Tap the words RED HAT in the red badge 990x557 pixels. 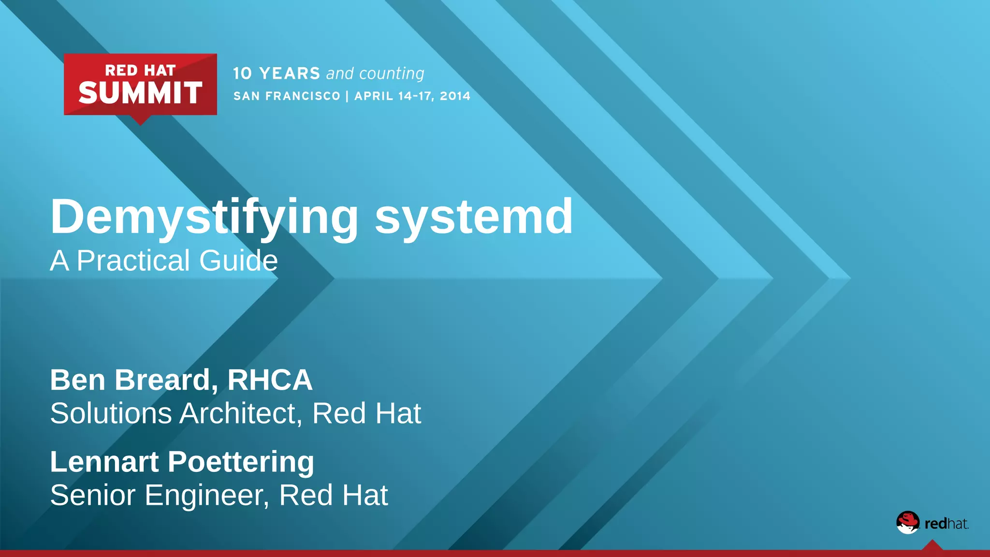click(140, 71)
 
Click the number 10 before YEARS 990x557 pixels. click(243, 73)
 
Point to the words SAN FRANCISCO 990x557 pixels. click(287, 96)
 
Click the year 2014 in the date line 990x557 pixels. click(455, 96)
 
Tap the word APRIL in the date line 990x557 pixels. click(374, 96)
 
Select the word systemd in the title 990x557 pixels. click(474, 217)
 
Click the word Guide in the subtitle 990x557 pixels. click(238, 261)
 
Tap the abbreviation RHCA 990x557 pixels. click(270, 380)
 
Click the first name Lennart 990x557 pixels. click(104, 462)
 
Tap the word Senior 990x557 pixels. click(92, 496)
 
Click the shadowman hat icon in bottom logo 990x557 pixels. click(908, 523)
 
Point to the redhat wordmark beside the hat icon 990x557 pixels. click(946, 524)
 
